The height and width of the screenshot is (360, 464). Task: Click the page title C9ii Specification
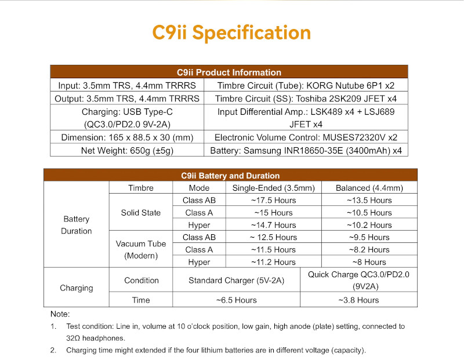tap(231, 32)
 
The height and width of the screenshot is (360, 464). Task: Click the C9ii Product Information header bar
tap(229, 72)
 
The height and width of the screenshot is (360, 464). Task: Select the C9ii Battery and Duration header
tap(230, 176)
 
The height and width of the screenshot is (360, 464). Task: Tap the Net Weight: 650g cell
tap(128, 151)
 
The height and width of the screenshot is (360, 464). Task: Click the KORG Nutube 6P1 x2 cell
tap(305, 86)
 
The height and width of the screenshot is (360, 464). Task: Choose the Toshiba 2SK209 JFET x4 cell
tap(306, 99)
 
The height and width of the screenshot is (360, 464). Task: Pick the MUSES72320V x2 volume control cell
tap(306, 138)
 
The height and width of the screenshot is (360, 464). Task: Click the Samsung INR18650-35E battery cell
tap(306, 151)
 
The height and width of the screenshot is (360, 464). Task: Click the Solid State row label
tap(141, 213)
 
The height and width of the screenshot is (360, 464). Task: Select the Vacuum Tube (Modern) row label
tap(141, 250)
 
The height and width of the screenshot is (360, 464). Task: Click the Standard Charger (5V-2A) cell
tap(236, 281)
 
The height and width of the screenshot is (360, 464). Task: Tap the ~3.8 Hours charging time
tap(358, 300)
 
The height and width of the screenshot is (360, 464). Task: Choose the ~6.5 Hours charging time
tap(236, 300)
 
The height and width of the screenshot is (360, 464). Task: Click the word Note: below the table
tap(60, 314)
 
